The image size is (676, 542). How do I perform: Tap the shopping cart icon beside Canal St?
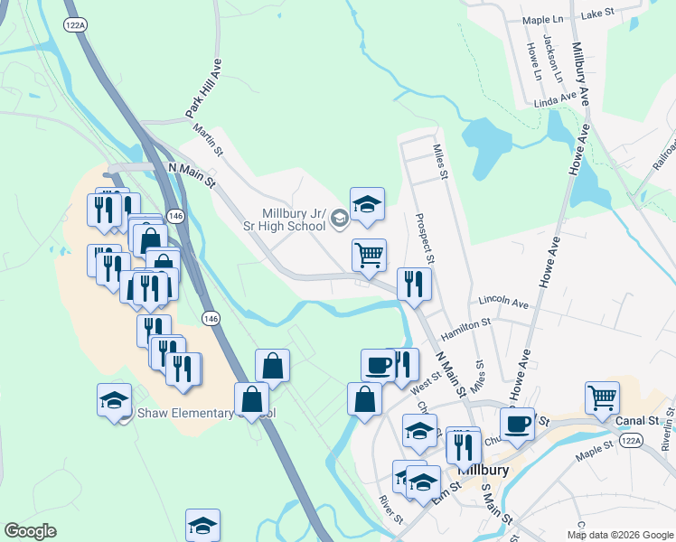(x=602, y=397)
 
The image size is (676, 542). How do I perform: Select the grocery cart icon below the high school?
(x=369, y=256)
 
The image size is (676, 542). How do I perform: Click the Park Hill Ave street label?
(x=203, y=89)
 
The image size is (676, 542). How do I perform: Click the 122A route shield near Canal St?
(x=631, y=440)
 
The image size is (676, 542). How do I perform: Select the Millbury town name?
(x=485, y=471)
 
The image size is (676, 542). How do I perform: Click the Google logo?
(x=30, y=530)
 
